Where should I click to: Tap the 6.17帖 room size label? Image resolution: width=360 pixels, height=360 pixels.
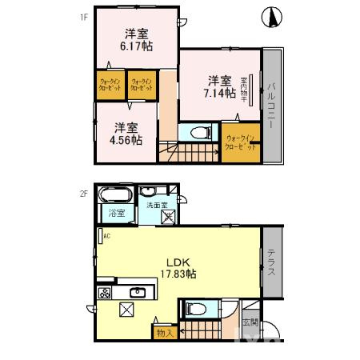tap(136, 46)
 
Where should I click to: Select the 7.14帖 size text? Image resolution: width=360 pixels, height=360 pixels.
tap(219, 93)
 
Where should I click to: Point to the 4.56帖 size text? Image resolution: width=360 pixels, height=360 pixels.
tap(126, 139)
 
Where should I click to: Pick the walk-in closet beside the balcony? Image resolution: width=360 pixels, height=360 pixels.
tap(241, 144)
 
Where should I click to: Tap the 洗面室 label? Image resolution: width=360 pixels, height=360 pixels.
tap(157, 206)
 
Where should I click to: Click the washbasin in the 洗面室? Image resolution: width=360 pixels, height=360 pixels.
tap(150, 192)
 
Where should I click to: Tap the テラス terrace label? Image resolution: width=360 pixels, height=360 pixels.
tap(272, 261)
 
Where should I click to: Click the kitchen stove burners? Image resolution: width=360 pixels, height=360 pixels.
tap(104, 293)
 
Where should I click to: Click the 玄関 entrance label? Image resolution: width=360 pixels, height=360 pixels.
tap(250, 322)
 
